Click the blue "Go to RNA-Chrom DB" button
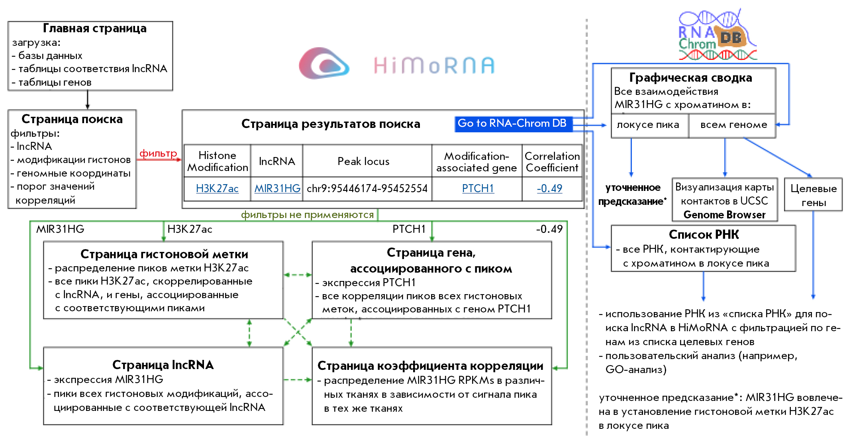pos(513,124)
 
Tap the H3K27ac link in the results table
pos(217,189)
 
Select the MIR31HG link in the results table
pos(277,189)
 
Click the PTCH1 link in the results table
pos(478,189)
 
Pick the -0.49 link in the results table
pos(549,189)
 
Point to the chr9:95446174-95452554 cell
pos(367,189)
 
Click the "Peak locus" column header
pos(363,161)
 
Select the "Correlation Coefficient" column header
pos(552,161)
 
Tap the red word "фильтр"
pos(158,153)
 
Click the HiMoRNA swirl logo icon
pos(324,63)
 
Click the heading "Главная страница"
pos(95,29)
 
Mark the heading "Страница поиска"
pos(72,119)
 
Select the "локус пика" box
pos(648,125)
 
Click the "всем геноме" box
pos(733,125)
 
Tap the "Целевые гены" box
pos(814,195)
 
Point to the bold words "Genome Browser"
pos(724,215)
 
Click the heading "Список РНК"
pos(704,234)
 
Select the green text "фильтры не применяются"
pos(307,215)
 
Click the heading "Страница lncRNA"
pos(163,365)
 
